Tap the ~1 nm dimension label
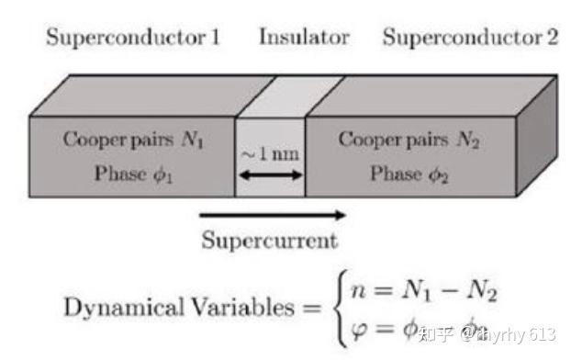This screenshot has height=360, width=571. coord(270,153)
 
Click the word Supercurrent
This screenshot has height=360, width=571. coord(270,242)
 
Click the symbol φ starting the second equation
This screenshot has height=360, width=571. coord(353,330)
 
